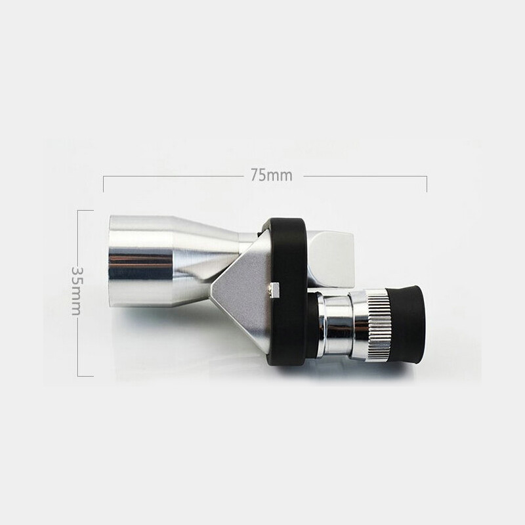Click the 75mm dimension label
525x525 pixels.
pyautogui.click(x=271, y=175)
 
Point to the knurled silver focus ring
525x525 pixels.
pyautogui.click(x=379, y=326)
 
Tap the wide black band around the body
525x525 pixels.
pyautogui.click(x=287, y=289)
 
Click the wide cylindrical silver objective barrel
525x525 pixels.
pyautogui.click(x=141, y=261)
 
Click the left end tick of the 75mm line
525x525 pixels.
pyautogui.click(x=104, y=183)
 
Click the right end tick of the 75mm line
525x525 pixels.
pyautogui.click(x=427, y=183)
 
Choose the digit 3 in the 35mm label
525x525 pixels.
pyautogui.click(x=77, y=270)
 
